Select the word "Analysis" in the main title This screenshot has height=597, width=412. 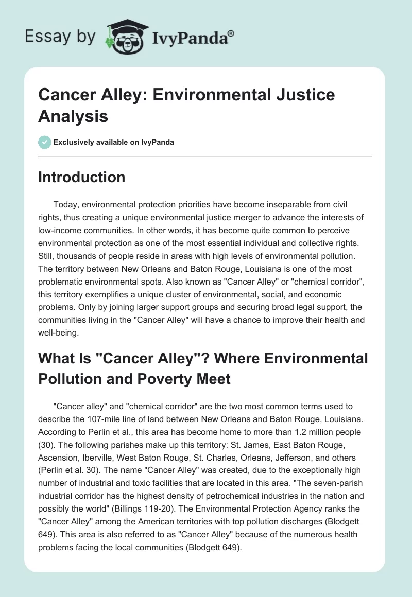[74, 116]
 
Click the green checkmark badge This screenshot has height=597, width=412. [45, 142]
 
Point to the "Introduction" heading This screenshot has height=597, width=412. [81, 178]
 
